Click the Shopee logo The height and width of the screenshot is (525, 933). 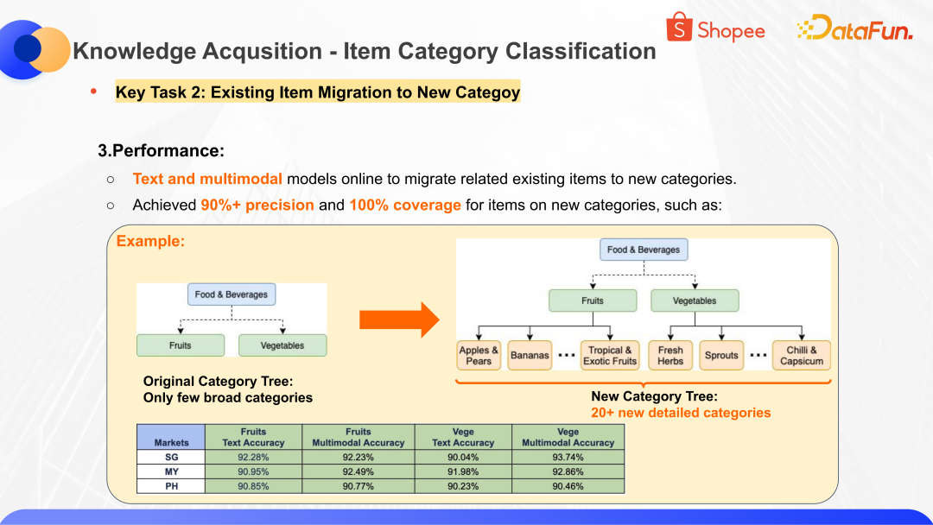715,29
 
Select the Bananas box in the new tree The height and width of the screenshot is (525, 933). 530,355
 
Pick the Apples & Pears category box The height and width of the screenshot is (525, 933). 479,355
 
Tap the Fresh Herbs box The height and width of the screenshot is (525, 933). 670,355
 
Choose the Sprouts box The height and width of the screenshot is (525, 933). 721,355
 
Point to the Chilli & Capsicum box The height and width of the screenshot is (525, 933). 801,355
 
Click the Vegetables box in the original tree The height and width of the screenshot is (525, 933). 282,345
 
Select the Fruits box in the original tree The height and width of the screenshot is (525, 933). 180,345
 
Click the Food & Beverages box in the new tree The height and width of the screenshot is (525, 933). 644,250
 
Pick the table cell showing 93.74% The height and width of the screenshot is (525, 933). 568,457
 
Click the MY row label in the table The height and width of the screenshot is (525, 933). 171,471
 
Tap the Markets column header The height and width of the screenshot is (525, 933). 171,442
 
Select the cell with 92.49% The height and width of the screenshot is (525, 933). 358,471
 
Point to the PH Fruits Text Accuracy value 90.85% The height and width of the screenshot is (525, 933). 253,486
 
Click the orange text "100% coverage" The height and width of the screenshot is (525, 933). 404,206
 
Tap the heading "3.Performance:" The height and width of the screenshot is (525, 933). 161,151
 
